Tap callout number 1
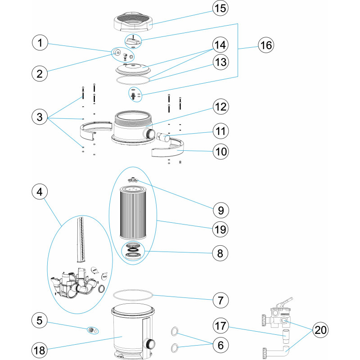click(x=40, y=43)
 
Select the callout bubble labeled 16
click(x=265, y=45)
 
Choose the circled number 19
click(x=221, y=228)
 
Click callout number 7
click(x=220, y=299)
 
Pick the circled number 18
click(x=40, y=349)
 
